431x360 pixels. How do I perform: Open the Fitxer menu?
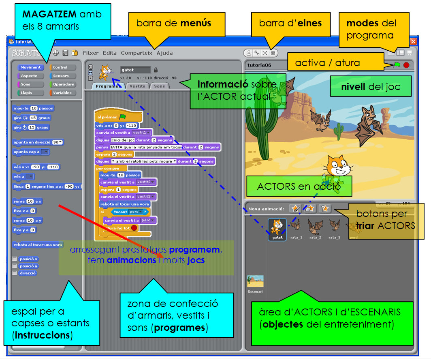(90, 53)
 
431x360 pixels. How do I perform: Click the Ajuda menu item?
(164, 53)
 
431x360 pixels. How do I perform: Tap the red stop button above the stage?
(406, 65)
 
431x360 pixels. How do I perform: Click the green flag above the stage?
(397, 65)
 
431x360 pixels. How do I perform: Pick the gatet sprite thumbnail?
(277, 229)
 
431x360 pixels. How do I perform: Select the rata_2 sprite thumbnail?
(315, 229)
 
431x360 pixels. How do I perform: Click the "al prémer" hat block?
(109, 117)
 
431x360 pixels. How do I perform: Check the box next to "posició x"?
(15, 259)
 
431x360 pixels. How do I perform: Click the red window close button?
(413, 41)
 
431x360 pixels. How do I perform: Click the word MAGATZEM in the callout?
(49, 15)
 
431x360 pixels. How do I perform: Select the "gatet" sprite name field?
(135, 70)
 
